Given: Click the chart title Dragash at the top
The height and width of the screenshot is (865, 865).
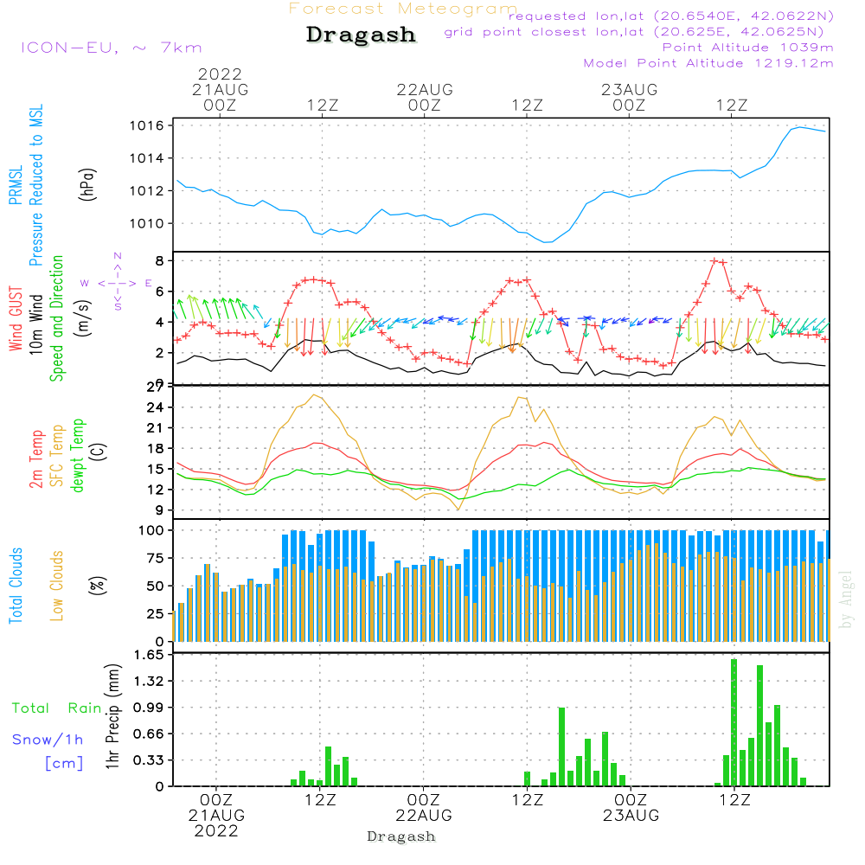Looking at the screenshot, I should pyautogui.click(x=361, y=35).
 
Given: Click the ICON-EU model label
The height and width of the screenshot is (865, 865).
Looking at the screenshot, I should pyautogui.click(x=110, y=48).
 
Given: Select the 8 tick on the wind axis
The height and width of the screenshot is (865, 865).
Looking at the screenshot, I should pyautogui.click(x=160, y=260).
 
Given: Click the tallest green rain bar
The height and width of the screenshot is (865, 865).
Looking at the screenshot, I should pyautogui.click(x=734, y=722).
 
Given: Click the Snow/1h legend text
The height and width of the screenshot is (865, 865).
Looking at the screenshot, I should pyautogui.click(x=48, y=740).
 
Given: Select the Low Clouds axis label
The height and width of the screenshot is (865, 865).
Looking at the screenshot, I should pyautogui.click(x=58, y=571).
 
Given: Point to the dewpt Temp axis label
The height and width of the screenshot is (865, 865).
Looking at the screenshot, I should pyautogui.click(x=78, y=456).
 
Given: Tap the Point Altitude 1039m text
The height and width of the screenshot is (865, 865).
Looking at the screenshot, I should pyautogui.click(x=747, y=48).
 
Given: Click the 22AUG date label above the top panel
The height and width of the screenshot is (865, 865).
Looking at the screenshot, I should pyautogui.click(x=425, y=89).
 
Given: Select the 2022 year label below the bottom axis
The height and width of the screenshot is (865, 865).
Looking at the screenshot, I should pyautogui.click(x=216, y=831).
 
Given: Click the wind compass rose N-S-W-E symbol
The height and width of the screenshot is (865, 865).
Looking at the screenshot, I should pyautogui.click(x=117, y=283).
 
